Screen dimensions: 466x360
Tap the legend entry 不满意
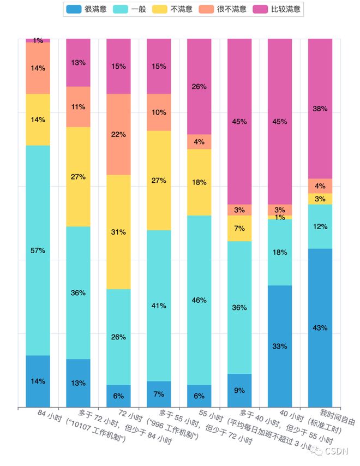[176, 9]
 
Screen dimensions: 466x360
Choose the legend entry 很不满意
[225, 9]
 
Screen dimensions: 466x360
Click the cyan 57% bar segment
[38, 250]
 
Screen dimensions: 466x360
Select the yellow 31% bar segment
[118, 232]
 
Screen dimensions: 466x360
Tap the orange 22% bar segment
[118, 134]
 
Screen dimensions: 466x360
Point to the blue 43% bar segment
[320, 327]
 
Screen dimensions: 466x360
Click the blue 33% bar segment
[280, 346]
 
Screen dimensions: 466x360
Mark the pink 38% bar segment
[320, 109]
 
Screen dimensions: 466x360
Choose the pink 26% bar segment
[199, 86]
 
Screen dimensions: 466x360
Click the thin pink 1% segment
[38, 40]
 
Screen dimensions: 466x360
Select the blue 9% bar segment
[239, 390]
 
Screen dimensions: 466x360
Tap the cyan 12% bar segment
[320, 226]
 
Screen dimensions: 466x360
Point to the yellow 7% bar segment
[239, 228]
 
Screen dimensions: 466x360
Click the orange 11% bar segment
[78, 106]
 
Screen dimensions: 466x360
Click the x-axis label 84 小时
[49, 414]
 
